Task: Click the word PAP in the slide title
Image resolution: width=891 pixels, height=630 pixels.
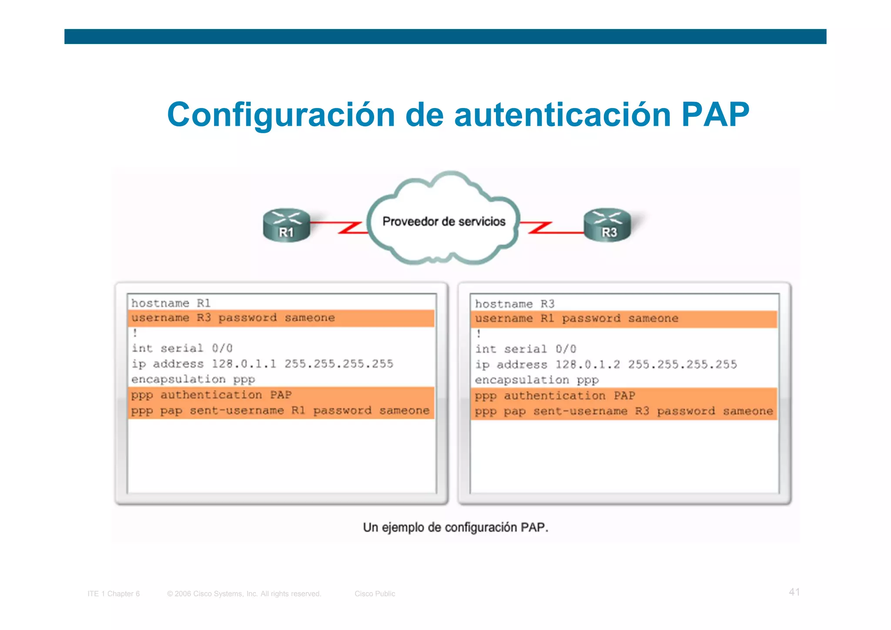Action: tap(715, 115)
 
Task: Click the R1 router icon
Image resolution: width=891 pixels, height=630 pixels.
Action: tap(286, 225)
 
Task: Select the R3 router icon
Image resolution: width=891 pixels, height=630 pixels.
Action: tap(607, 225)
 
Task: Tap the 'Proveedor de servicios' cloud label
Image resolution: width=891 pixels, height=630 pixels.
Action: tap(444, 222)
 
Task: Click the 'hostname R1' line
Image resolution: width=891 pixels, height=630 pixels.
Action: tap(171, 303)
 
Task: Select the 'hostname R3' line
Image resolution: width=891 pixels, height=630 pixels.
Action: tap(515, 304)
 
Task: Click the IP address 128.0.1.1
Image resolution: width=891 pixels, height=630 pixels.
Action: tap(244, 364)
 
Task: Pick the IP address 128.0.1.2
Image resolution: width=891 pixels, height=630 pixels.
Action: tap(587, 365)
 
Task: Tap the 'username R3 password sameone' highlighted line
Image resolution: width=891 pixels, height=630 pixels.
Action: tap(233, 318)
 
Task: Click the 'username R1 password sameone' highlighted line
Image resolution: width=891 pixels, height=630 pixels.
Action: tap(576, 319)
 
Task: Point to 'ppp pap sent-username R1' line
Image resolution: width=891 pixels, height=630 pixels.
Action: tap(280, 411)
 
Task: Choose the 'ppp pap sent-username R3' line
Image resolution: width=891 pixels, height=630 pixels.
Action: tap(623, 411)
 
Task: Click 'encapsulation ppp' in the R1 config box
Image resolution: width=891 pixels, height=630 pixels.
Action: tap(193, 380)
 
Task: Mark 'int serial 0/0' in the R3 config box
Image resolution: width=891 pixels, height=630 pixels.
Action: tap(526, 349)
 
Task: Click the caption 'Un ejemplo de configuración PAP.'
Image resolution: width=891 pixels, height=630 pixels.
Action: tap(456, 528)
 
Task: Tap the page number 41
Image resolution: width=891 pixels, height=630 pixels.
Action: tap(794, 592)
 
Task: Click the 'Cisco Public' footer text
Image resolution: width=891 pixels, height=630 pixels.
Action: tap(375, 594)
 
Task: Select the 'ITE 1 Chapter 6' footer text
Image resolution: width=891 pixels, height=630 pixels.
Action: tap(114, 594)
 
